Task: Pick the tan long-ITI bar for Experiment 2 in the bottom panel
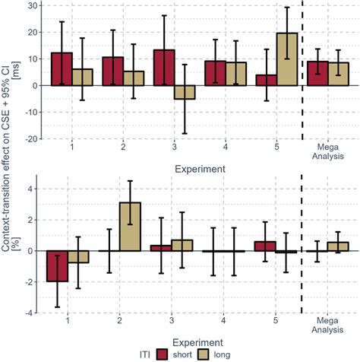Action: point(130,227)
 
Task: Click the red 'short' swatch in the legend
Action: point(163,352)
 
